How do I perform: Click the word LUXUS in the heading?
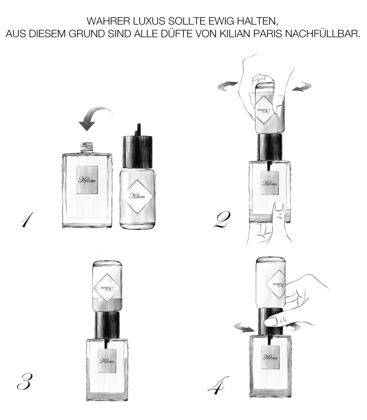[149, 21]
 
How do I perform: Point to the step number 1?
[28, 220]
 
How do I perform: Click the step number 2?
[222, 220]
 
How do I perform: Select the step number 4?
[218, 385]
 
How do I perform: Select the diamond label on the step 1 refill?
[137, 197]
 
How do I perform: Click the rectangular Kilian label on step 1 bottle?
[87, 180]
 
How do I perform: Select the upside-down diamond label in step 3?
[107, 288]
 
